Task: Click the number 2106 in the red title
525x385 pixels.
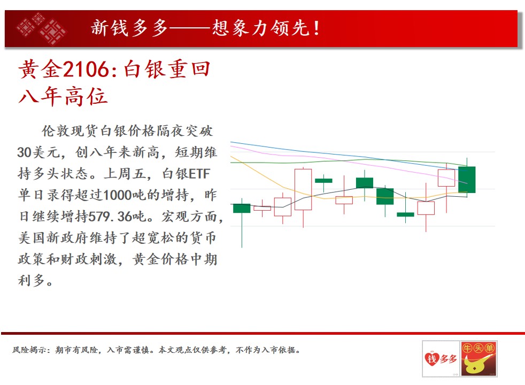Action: tap(86, 70)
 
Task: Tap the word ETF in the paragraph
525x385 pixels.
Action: tap(199, 174)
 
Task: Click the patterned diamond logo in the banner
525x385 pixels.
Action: tap(41, 28)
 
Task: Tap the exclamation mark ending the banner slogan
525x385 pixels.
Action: tap(316, 28)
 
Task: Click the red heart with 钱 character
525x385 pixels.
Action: tap(432, 359)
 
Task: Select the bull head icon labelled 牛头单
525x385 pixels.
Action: tap(478, 359)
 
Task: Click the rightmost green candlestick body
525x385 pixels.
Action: tap(467, 180)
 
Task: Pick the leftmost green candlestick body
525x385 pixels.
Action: tap(242, 208)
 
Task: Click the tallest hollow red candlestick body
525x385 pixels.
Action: tap(303, 189)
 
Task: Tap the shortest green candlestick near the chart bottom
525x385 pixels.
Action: tap(405, 214)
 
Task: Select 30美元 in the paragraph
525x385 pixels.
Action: tap(38, 152)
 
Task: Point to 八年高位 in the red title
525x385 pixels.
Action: tap(63, 96)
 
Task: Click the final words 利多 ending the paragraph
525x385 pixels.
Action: tap(31, 281)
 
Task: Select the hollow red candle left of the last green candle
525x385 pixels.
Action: tap(446, 178)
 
